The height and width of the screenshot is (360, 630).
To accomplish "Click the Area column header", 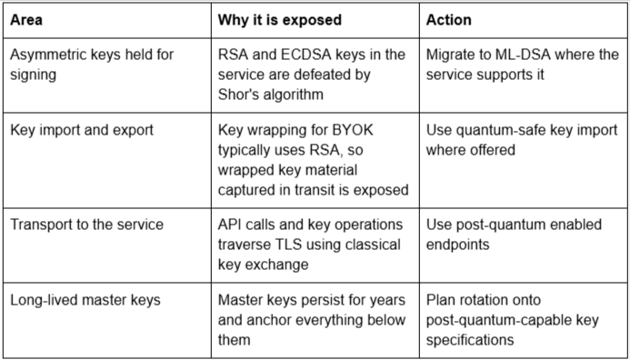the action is coord(26,20).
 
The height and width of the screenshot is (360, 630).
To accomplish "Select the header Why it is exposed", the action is coord(280,20).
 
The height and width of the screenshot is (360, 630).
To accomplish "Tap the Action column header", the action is coord(449,20).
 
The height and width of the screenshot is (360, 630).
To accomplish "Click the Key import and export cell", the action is coord(82,130).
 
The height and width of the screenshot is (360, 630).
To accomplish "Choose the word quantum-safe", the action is coord(491,130).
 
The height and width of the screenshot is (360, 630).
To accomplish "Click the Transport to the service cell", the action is coord(86,225).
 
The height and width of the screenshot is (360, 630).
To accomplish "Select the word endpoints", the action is coord(457,245).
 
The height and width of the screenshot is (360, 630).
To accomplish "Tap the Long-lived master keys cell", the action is coord(85,300).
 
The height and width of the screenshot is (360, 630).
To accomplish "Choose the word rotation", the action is coord(485,300).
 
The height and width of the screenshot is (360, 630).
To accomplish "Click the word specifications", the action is coord(470,340).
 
